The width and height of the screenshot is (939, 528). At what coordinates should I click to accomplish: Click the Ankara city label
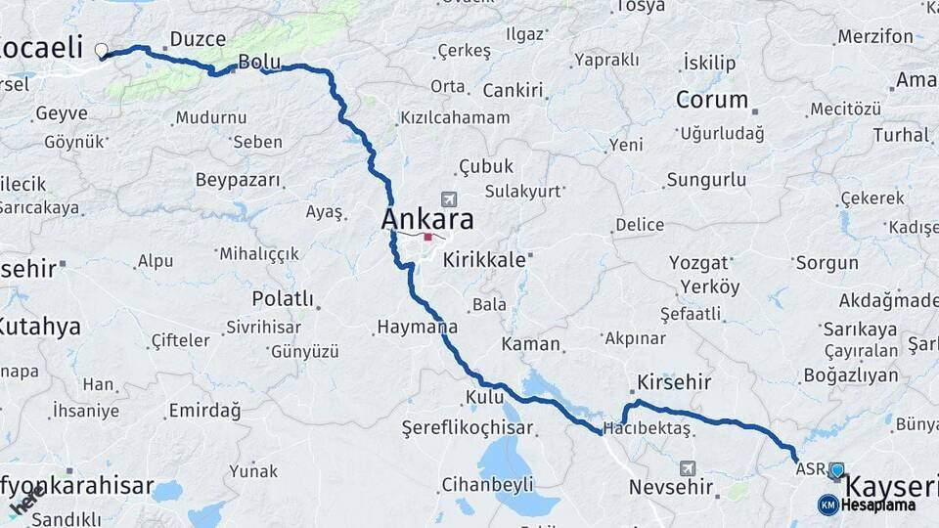(427, 218)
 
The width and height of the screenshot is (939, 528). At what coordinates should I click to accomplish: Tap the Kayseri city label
(890, 486)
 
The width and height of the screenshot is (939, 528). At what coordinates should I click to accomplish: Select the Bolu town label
(259, 62)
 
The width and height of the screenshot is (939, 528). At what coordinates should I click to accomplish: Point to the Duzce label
(198, 39)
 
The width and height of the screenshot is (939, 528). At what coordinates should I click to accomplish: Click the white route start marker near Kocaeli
(102, 50)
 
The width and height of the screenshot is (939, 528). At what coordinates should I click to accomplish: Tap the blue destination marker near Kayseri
(836, 471)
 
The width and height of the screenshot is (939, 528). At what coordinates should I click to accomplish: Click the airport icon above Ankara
(448, 198)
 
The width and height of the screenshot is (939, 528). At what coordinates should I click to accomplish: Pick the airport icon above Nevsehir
(688, 469)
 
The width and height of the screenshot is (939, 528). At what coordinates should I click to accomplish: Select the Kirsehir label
(674, 381)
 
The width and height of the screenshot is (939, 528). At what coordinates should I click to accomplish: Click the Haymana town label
(418, 327)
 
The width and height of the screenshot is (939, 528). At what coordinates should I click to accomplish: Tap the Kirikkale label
(484, 260)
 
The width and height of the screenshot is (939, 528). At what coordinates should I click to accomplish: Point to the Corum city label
(712, 100)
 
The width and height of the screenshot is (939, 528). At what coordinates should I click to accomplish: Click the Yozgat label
(699, 262)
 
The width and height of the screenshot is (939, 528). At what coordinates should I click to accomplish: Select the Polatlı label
(283, 298)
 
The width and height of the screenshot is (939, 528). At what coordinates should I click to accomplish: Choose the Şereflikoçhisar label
(468, 428)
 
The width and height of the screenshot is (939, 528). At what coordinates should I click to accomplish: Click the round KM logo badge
(827, 505)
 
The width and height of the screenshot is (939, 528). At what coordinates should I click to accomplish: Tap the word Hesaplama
(878, 506)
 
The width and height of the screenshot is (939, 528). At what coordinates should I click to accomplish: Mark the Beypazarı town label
(238, 180)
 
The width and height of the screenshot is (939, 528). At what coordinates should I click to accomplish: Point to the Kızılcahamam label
(455, 117)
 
